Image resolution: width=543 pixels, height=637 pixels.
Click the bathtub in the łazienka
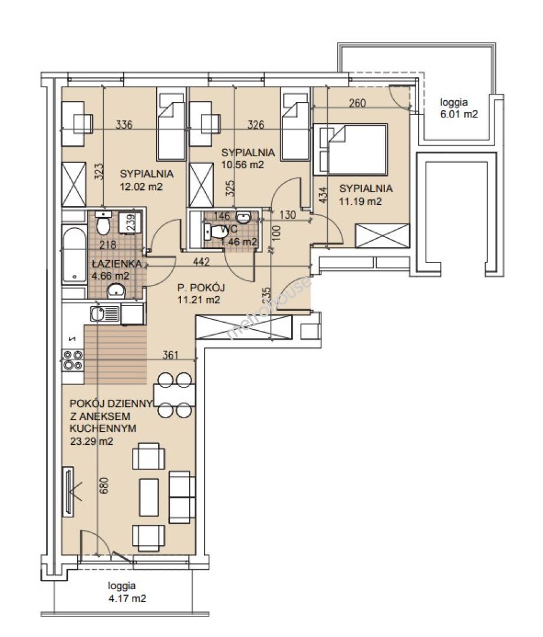74,255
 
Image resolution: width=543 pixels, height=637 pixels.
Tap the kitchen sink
105,313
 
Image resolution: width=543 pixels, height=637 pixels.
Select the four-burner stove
73,360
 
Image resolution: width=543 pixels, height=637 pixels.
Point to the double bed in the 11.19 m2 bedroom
350,149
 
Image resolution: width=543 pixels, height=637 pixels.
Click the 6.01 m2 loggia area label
459,108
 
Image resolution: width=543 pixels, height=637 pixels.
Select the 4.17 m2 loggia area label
127,592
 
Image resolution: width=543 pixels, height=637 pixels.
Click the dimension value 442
202,262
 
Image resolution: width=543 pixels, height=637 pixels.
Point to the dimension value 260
357,103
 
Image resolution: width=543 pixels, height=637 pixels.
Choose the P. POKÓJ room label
201,288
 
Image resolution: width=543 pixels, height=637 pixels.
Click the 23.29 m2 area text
91,441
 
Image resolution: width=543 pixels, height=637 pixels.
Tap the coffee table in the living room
149,497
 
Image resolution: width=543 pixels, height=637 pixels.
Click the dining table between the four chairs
175,395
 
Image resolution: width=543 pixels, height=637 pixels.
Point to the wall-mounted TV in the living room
68,491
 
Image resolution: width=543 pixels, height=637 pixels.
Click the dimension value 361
170,355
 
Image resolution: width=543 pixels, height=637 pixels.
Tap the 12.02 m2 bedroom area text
141,186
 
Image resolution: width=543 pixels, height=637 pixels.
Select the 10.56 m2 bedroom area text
242,165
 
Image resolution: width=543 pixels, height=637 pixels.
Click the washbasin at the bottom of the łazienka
116,291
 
